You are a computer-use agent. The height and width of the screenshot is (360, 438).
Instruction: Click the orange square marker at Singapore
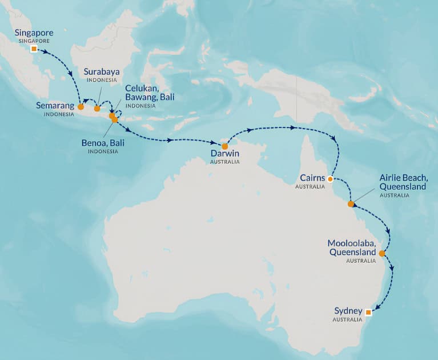tap(34, 49)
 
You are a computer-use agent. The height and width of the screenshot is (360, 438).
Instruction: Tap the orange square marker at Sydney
tap(368, 312)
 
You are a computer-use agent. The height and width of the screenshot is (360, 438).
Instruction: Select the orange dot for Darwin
tap(225, 146)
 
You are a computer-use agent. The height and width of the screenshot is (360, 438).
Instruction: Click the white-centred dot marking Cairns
tap(330, 179)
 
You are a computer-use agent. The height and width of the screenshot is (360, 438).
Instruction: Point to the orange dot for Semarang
tap(81, 106)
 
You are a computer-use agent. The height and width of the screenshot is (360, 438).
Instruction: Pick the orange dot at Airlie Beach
tap(351, 203)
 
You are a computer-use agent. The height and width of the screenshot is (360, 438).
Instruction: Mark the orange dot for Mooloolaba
tap(381, 253)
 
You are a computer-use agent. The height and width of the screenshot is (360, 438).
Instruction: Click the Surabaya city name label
tap(102, 72)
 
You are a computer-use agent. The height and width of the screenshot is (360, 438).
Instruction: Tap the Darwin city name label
tap(225, 153)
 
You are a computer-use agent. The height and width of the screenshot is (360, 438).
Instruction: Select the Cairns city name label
tap(310, 178)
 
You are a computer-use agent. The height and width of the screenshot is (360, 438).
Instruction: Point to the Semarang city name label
tap(55, 106)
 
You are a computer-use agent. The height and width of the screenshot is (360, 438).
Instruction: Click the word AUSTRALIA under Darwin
tap(224, 162)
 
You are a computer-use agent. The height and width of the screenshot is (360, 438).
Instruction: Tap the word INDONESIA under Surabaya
tap(101, 81)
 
